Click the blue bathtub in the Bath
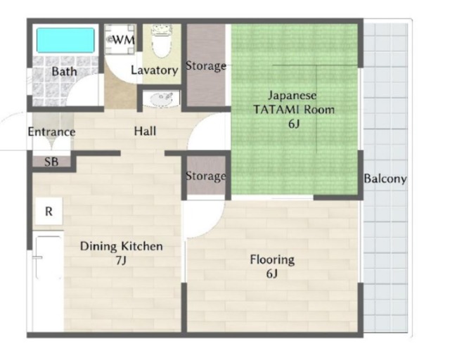[x=65, y=40]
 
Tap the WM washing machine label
[x=124, y=39]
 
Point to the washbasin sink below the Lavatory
[x=161, y=98]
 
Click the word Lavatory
[x=155, y=70]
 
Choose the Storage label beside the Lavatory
[x=206, y=65]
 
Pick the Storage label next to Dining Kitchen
[x=206, y=176]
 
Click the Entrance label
[x=51, y=131]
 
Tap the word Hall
[x=146, y=131]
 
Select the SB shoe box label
[x=51, y=162]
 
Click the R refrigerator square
[x=49, y=212]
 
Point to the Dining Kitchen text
[x=122, y=246]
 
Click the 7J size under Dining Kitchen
[x=121, y=260]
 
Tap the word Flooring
[x=272, y=260]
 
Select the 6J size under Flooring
[x=272, y=274]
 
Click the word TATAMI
[x=276, y=110]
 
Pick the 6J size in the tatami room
[x=294, y=124]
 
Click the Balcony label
[x=385, y=179]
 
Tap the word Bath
[x=64, y=71]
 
